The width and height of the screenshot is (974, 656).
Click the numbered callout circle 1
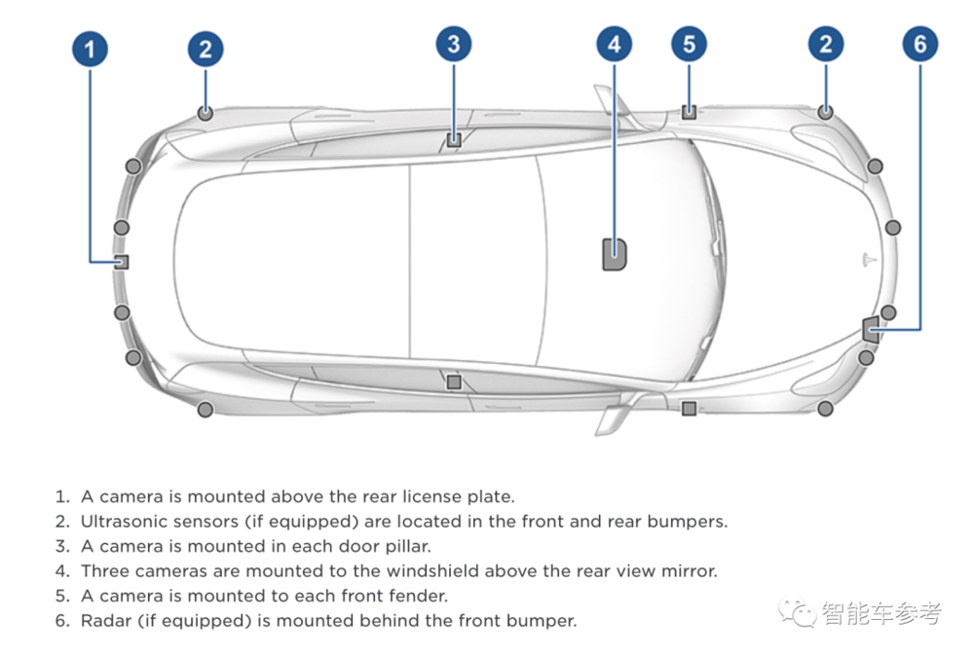(x=90, y=50)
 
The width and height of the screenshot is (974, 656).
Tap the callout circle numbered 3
(x=454, y=44)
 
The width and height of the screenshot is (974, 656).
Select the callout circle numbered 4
(x=615, y=44)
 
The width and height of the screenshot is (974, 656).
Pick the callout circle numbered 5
(x=689, y=44)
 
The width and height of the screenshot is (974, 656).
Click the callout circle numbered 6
(x=920, y=44)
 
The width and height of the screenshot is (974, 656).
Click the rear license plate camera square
(x=122, y=262)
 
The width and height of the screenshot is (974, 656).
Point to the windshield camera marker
(x=615, y=254)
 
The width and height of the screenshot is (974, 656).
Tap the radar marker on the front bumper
(x=871, y=329)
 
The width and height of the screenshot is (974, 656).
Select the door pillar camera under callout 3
(x=454, y=139)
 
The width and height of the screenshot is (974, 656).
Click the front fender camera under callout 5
(x=689, y=112)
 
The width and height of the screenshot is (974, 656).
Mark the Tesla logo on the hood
(x=870, y=259)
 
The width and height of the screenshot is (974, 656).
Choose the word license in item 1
(x=432, y=496)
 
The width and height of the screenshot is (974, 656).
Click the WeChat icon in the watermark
(x=798, y=611)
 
